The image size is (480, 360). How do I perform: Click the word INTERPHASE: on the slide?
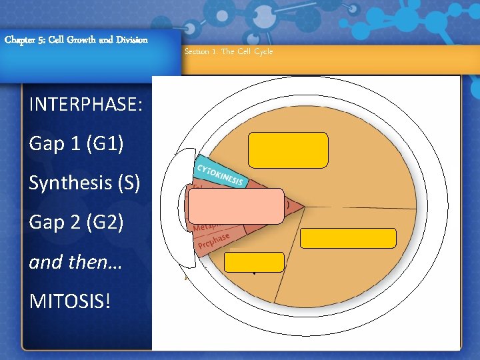86,105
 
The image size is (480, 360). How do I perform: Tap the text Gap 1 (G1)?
76,143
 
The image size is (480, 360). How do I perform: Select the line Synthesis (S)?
84,182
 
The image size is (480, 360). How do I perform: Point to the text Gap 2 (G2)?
76,221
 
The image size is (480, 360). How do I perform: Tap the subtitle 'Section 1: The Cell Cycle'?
229,51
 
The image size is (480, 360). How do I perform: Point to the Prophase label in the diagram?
214,242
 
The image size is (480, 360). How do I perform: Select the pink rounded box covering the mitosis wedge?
235,205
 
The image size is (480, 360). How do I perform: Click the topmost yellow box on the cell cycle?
288,149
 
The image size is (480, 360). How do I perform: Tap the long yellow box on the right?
348,238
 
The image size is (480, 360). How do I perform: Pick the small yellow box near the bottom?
254,262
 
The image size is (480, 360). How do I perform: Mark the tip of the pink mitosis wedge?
305,207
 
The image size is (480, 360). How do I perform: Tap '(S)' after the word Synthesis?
128,182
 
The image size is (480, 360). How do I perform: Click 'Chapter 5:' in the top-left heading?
24,39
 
